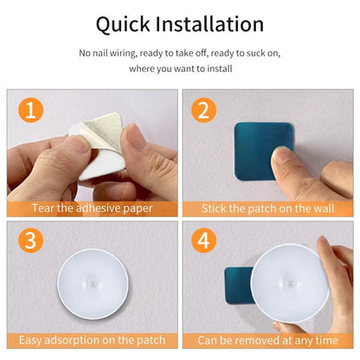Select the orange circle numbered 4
(x=205, y=240)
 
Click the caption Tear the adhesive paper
(x=92, y=209)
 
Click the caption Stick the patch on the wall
(x=267, y=209)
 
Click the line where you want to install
(x=179, y=67)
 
